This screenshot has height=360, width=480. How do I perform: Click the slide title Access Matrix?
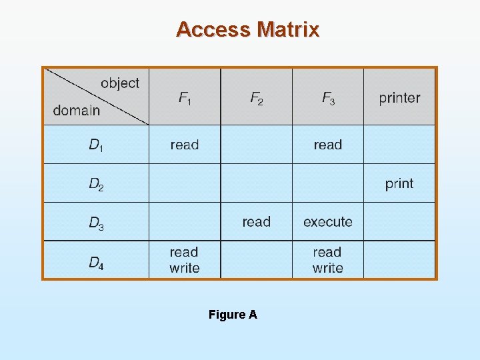247,29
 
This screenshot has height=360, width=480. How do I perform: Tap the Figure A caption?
233,315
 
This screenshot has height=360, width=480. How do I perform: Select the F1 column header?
185,98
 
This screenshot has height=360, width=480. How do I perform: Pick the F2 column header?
256,98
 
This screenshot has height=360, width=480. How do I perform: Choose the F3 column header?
328,98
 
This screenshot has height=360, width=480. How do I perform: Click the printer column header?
399,98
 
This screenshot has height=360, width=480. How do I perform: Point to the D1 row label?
96,145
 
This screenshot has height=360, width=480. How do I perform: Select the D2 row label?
96,183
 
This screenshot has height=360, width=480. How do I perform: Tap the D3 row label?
96,223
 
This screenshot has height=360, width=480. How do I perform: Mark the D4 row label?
96,261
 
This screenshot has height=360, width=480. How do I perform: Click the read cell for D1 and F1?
185,145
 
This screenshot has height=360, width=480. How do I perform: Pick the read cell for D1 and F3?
328,145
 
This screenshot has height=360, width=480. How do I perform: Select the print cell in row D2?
399,183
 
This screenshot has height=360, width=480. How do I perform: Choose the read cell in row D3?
257,222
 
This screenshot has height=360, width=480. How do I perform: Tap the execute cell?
328,222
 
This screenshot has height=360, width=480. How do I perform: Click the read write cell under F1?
185,260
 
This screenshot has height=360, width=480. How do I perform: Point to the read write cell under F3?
328,260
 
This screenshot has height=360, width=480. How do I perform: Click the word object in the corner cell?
120,83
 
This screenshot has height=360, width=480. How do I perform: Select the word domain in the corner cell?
77,110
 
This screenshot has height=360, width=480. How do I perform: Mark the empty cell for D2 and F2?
256,183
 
